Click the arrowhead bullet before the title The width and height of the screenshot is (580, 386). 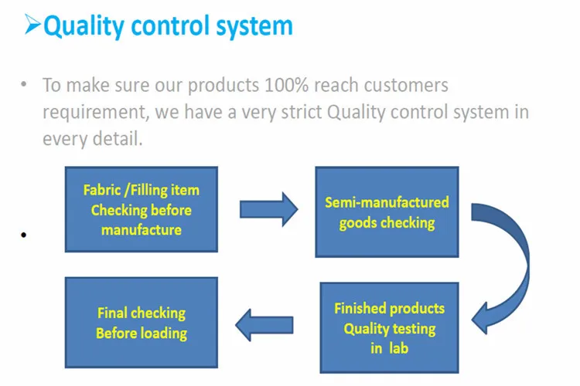(32, 25)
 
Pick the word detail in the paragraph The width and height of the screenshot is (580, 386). (117, 139)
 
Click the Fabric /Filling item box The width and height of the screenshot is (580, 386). (141, 209)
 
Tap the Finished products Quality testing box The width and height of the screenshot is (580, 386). (388, 328)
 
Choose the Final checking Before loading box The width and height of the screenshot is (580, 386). (141, 322)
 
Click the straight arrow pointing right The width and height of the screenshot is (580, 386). (268, 209)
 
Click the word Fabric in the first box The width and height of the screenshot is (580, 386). (102, 190)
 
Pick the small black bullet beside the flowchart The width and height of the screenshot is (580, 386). (25, 235)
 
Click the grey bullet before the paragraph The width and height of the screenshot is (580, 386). (25, 84)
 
